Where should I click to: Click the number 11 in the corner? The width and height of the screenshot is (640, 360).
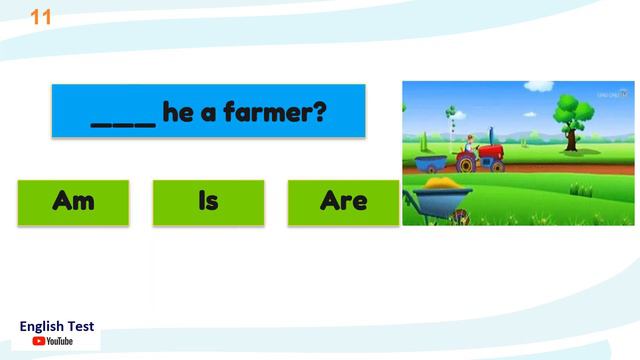coord(42,17)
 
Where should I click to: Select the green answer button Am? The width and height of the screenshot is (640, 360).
coord(73,202)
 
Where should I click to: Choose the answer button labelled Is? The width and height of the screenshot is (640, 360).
coord(208,202)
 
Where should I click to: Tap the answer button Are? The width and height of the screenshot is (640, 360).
coord(343,202)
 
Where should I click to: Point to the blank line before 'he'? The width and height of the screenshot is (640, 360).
coord(123,122)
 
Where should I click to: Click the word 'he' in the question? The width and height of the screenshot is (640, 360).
coord(177,112)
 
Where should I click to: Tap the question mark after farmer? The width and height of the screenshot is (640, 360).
coord(319,112)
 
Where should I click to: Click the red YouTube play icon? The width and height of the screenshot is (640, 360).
coord(38,341)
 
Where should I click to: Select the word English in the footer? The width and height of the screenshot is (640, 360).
coord(43,326)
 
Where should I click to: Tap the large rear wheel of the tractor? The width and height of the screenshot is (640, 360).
coord(466,163)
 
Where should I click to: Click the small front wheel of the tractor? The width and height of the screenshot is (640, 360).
coord(497,165)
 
